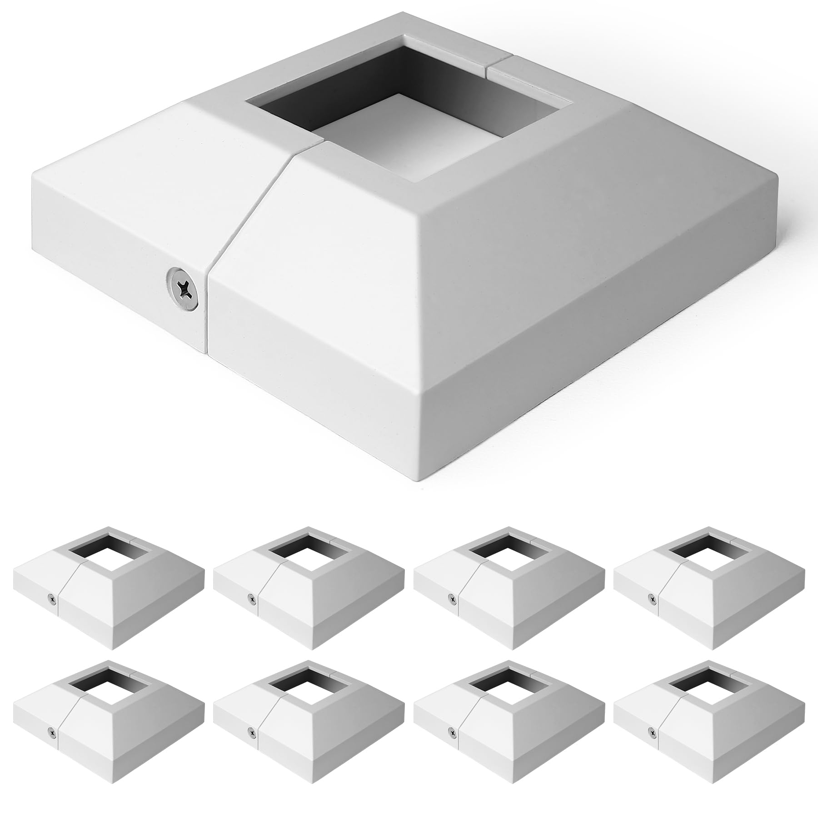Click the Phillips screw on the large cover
[183, 295]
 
